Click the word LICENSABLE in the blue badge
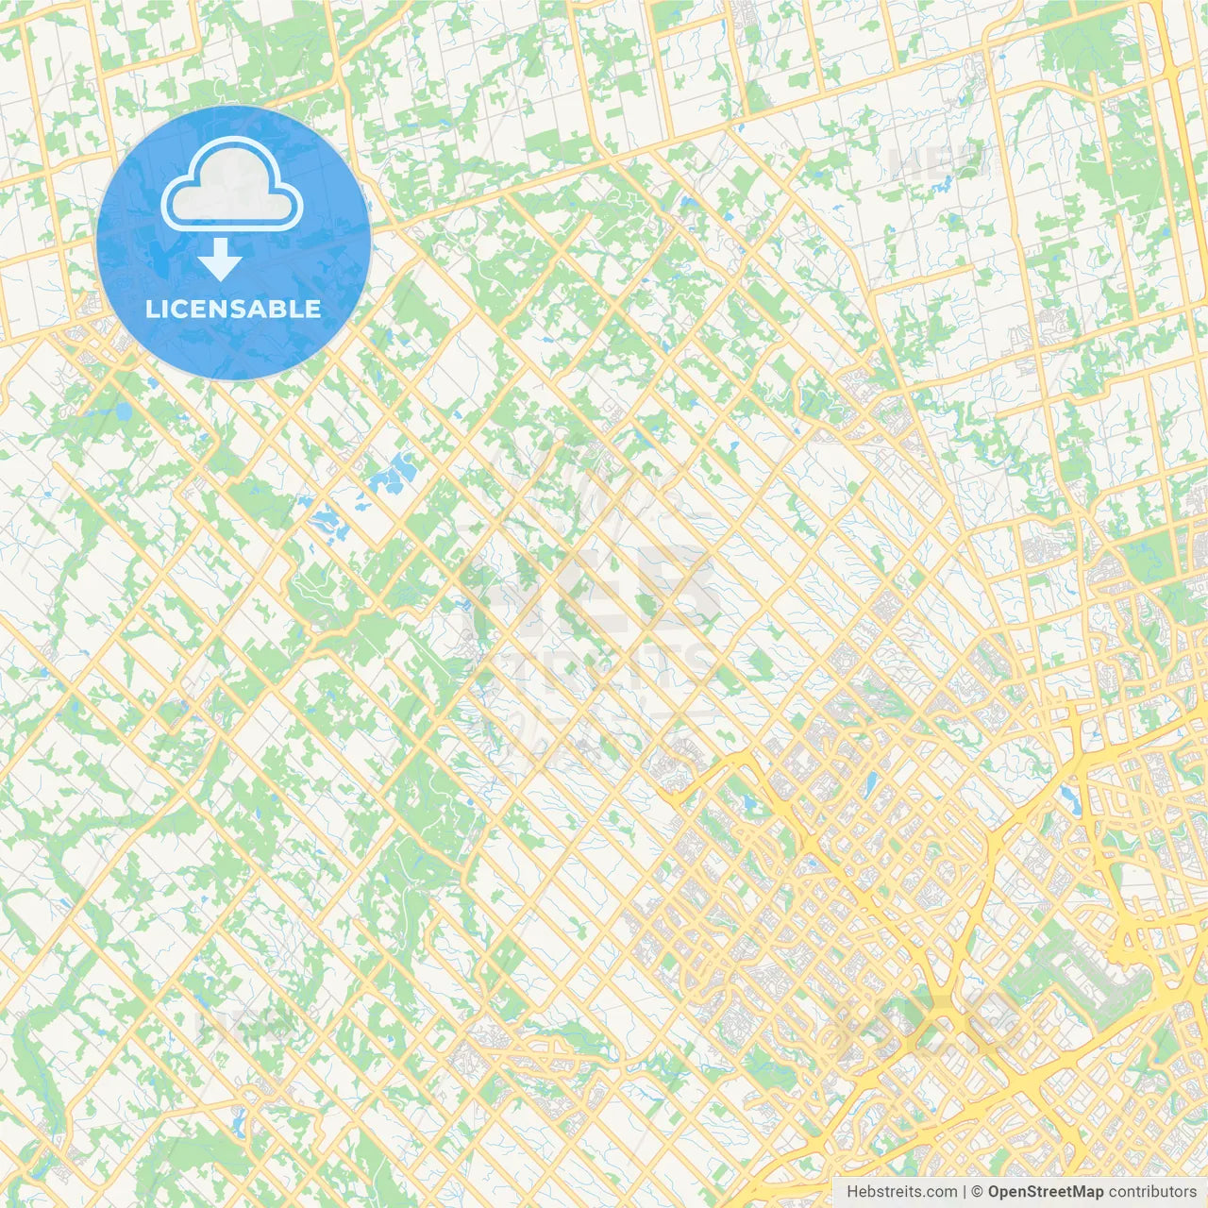pos(233,310)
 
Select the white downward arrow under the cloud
pos(220,260)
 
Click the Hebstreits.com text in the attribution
pos(901,1192)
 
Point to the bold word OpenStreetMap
pos(1045,1192)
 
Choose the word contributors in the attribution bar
pos(1152,1192)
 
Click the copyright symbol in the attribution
pos(978,1192)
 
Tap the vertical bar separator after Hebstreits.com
pos(965,1192)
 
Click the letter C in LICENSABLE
pos(176,310)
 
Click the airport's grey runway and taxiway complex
pos(1085,981)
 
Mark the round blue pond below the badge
pos(124,412)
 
